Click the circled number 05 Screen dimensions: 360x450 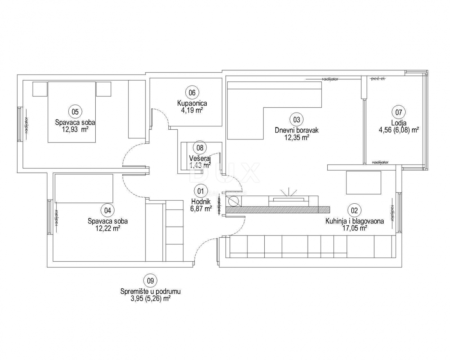pos(75,111)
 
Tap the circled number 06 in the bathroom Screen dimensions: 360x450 pos(192,92)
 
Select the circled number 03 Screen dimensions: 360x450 pos(296,120)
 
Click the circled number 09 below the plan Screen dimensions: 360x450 pos(150,280)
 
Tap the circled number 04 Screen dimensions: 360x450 pos(107,210)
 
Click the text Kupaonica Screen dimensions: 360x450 pos(192,103)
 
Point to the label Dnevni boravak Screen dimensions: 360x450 pos(296,130)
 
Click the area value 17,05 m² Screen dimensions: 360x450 pos(354,228)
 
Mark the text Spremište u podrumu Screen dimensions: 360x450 pos(150,291)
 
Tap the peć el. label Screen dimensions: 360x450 pos(378,79)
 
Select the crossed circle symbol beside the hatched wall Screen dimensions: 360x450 pos(233,201)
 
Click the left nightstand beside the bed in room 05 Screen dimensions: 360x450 pos(40,89)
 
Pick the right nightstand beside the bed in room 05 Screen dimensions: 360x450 pos(104,89)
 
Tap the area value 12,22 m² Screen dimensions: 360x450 pos(107,228)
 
